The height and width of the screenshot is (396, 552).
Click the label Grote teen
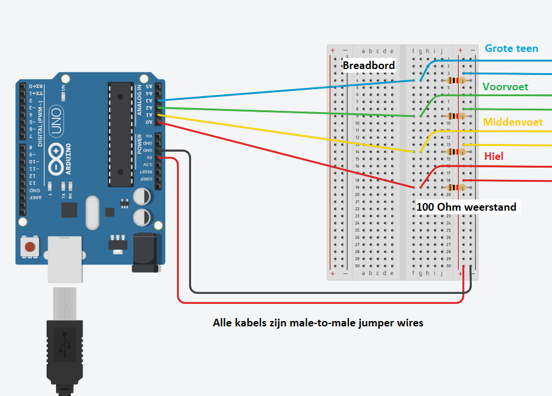coord(511,48)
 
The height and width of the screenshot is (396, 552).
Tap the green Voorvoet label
coord(505,87)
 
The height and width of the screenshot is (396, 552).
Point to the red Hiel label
coord(494,156)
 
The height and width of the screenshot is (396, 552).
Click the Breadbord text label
coord(369,65)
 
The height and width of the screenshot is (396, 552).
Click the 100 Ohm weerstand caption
coord(466,207)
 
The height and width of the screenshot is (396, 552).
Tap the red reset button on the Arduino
coord(29,246)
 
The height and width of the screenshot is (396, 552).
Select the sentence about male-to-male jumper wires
coord(318,323)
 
